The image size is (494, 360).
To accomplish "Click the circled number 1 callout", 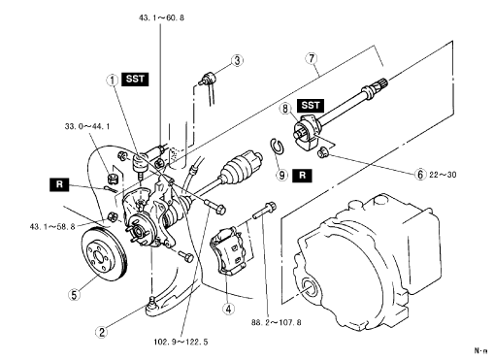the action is (113, 80).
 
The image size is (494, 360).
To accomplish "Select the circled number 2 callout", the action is (102, 332).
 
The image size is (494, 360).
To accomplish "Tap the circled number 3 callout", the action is (237, 60).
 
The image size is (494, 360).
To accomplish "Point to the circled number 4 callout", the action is (228, 309).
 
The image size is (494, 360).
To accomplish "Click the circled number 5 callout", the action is (75, 295).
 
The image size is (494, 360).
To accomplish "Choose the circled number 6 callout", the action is (420, 175).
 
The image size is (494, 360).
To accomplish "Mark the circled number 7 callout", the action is (312, 58).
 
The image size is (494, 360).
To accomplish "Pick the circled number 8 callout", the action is (285, 109).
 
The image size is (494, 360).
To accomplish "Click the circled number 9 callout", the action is (282, 175).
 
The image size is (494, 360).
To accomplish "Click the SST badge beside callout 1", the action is (135, 79).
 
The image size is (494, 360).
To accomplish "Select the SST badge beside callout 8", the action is (311, 106).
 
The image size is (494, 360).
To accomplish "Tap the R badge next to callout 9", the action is (303, 176).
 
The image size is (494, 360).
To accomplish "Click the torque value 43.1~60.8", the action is (161, 17).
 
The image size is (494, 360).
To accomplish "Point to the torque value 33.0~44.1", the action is (87, 126).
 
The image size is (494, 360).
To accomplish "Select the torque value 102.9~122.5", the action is (181, 342).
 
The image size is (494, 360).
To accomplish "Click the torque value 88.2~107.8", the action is (277, 322).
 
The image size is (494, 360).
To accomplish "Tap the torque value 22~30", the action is (443, 175).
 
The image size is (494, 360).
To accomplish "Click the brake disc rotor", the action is (104, 255).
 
